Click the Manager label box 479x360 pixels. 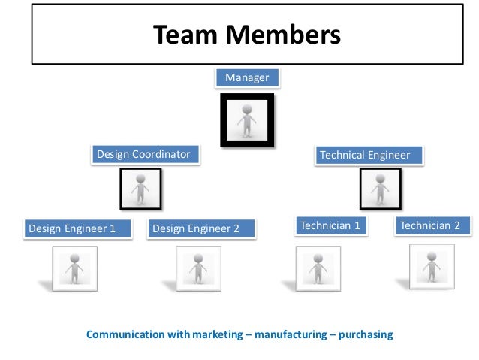click(x=247, y=77)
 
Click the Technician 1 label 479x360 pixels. click(x=330, y=225)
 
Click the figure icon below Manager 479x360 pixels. click(x=246, y=119)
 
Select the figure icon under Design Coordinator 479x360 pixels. click(x=140, y=188)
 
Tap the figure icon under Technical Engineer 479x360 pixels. click(x=380, y=188)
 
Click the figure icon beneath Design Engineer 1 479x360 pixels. click(x=74, y=268)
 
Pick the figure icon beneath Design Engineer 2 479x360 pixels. click(x=198, y=268)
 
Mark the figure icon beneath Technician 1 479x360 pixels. click(x=318, y=268)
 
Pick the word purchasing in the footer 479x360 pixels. click(x=365, y=334)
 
